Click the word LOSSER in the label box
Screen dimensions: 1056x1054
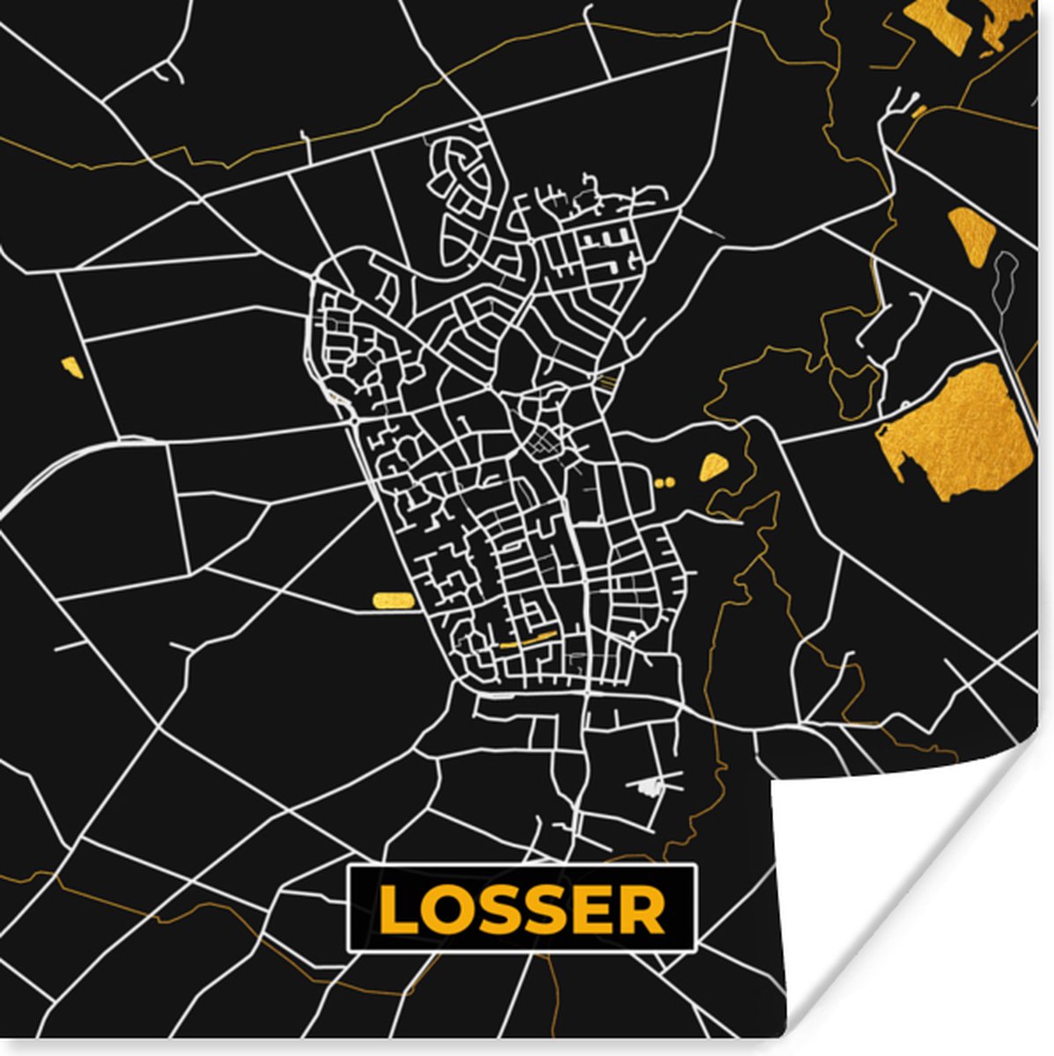(522, 909)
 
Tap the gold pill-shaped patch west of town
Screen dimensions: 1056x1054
(393, 600)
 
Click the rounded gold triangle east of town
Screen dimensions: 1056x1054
(713, 466)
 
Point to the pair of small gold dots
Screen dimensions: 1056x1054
(665, 482)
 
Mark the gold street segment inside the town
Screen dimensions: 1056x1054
(528, 640)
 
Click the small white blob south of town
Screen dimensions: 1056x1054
(650, 786)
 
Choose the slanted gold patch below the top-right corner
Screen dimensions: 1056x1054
(973, 234)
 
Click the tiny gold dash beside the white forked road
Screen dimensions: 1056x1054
(918, 112)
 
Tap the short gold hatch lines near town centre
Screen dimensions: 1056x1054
(608, 381)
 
